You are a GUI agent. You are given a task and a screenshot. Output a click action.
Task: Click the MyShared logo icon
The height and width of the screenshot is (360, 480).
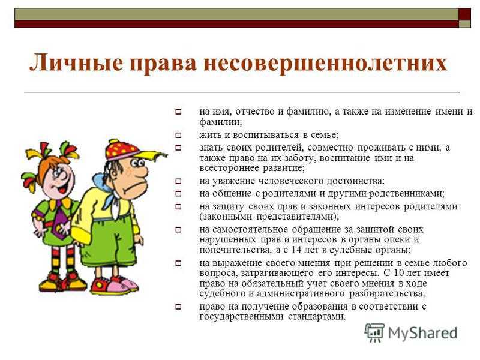[x=374, y=332]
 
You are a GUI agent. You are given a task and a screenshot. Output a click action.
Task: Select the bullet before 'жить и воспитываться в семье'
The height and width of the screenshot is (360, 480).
[x=178, y=134]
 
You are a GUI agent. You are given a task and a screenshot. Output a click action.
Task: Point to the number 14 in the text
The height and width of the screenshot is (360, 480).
[x=296, y=250]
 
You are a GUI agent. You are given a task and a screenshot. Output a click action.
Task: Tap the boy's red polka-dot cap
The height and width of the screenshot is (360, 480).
[x=122, y=149]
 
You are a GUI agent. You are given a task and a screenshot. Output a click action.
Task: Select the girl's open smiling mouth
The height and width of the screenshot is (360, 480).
[x=62, y=188]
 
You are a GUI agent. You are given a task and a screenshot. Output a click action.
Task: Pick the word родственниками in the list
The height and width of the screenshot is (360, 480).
[x=407, y=194]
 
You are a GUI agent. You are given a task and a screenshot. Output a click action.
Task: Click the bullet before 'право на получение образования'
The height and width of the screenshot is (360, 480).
[x=178, y=306]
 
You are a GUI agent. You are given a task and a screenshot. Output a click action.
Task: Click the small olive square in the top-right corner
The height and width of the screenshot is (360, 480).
[x=464, y=24]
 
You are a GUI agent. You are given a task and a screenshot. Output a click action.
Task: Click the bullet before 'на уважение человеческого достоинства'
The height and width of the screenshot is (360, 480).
[x=178, y=181]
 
